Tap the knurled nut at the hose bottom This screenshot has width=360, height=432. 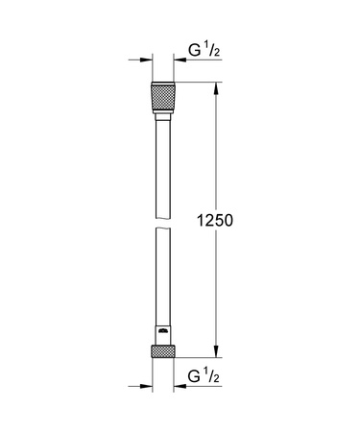pos(162,350)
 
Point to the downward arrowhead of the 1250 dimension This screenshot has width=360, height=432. pos(215,352)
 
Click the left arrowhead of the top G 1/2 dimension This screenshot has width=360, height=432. pos(147,60)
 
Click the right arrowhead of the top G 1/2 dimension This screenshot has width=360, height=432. pos(179,60)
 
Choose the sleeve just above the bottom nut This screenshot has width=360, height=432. pos(162,335)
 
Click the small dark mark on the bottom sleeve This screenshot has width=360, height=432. pos(163,332)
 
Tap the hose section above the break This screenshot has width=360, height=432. pos(162,173)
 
